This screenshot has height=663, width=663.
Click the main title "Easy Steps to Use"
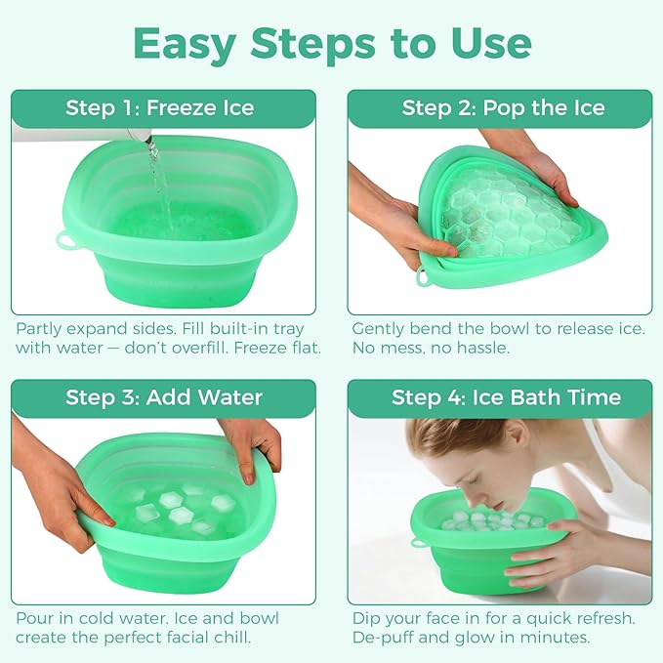click(331, 43)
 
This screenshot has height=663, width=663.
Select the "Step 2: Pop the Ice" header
click(503, 107)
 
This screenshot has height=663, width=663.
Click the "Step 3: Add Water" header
click(163, 397)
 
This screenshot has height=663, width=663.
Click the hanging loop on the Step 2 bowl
click(425, 278)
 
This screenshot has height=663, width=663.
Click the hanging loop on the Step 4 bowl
click(418, 538)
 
